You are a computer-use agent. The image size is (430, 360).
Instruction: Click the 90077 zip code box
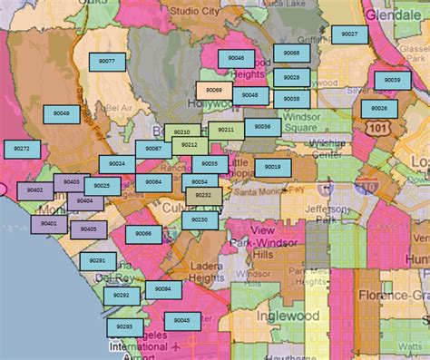(x=107, y=61)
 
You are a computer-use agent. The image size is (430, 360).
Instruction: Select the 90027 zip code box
(x=349, y=34)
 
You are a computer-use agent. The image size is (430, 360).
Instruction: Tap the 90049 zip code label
(x=62, y=112)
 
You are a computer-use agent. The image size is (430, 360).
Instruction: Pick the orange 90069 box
(x=213, y=91)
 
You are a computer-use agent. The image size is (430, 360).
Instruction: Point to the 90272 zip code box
(x=22, y=148)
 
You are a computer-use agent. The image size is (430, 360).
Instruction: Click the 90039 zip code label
(x=391, y=80)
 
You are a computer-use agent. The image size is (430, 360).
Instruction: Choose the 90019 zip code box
(x=273, y=167)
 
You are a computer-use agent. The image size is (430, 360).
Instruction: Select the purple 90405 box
(x=88, y=229)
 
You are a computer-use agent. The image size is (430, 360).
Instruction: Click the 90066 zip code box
(x=143, y=234)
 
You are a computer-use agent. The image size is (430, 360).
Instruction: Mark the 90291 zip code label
(x=97, y=260)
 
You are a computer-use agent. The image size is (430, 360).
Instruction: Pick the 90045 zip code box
(x=182, y=320)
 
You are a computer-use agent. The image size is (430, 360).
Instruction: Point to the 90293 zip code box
(x=124, y=326)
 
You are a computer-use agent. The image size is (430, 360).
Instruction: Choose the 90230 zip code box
(x=200, y=219)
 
